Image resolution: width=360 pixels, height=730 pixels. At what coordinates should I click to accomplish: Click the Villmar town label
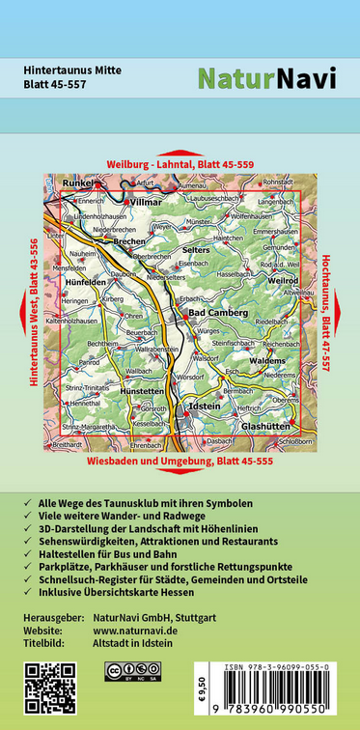148,204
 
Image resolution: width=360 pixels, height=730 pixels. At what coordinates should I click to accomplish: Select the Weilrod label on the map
284,280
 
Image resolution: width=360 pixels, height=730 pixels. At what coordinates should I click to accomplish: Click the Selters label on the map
195,249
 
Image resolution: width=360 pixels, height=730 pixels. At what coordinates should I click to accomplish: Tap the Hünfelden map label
85,281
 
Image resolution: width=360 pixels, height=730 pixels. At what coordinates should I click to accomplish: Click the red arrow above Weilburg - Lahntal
180,153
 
